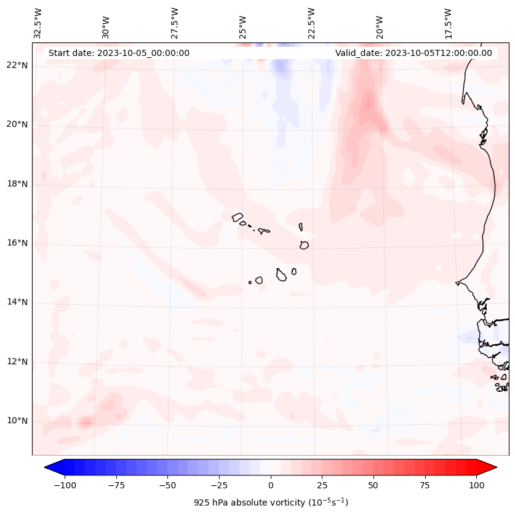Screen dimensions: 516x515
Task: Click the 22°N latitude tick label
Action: [17, 65]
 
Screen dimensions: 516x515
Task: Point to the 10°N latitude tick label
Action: [17, 421]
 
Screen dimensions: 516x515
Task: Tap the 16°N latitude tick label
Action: [17, 243]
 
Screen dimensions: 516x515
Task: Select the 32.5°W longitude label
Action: [39, 23]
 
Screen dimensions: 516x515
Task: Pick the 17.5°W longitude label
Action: [449, 23]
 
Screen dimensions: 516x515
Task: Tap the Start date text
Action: [119, 53]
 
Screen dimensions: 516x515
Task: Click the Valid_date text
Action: [413, 53]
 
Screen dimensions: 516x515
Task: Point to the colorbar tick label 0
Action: [271, 485]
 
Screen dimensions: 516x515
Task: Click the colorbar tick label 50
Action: [373, 485]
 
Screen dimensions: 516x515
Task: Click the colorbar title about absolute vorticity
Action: [271, 502]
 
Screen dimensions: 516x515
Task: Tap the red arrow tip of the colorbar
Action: [491, 467]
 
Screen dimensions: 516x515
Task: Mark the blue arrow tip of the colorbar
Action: [50, 467]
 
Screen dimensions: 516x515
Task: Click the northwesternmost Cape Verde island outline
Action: [238, 217]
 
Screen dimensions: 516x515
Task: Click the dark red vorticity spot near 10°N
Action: [85, 423]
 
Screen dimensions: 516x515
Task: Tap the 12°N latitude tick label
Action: [17, 362]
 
